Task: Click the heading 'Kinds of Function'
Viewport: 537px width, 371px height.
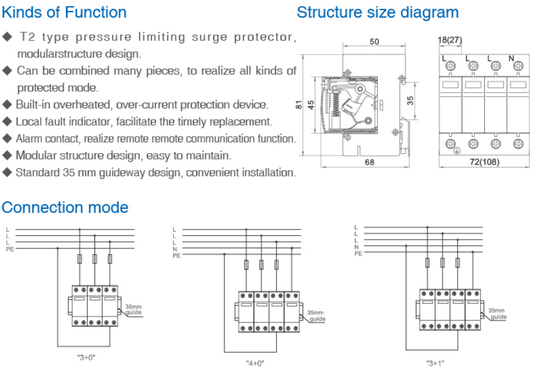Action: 64,12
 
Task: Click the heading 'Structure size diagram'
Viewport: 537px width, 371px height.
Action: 378,12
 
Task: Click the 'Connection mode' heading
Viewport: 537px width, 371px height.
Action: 65,208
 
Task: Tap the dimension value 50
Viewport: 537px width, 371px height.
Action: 374,42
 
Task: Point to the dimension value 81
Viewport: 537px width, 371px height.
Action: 298,104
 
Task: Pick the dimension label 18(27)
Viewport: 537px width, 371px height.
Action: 450,41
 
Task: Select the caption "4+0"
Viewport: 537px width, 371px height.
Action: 255,363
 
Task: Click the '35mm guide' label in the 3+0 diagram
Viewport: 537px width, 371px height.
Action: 133,309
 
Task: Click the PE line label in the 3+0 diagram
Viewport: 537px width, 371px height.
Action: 10,249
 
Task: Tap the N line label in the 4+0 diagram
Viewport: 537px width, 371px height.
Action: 175,249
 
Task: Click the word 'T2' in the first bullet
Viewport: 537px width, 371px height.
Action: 29,37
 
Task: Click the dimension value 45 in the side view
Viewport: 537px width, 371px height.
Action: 311,104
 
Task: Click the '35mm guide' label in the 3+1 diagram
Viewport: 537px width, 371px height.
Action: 498,313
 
